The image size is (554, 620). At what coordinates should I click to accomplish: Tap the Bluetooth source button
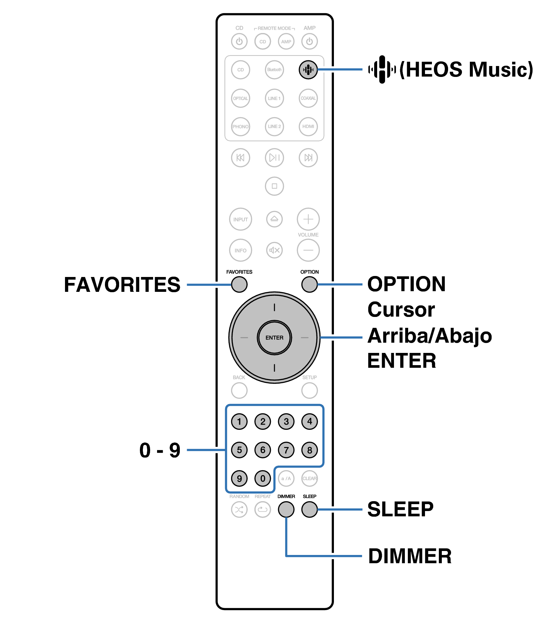[x=274, y=70]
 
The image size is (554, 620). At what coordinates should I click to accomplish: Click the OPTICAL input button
[x=241, y=98]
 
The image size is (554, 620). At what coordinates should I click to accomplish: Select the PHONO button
[x=241, y=126]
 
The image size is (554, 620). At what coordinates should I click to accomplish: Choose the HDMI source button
[x=308, y=126]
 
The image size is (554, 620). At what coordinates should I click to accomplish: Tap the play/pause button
[x=274, y=157]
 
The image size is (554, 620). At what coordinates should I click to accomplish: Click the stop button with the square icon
[x=274, y=186]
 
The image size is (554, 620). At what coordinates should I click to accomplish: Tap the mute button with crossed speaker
[x=274, y=250]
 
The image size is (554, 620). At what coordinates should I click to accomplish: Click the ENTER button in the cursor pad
[x=274, y=338]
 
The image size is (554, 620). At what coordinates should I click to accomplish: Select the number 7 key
[x=286, y=450]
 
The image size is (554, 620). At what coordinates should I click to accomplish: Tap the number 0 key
[x=263, y=478]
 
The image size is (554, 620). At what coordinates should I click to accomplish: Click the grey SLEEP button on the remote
[x=310, y=509]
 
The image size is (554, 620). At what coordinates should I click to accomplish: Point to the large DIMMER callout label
[x=410, y=556]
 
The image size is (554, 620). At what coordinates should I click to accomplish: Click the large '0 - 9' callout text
[x=160, y=450]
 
